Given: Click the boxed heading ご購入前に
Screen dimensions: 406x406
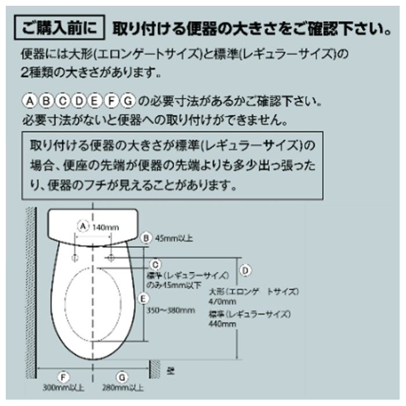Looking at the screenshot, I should (61, 27).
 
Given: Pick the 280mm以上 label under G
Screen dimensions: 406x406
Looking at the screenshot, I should (124, 387).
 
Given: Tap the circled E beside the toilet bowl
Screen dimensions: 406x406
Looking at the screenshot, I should (143, 299).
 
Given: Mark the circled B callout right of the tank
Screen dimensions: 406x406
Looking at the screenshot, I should (146, 237).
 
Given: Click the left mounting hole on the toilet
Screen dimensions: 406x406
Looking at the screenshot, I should (77, 256).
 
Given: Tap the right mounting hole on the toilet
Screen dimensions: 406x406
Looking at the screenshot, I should (111, 256).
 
